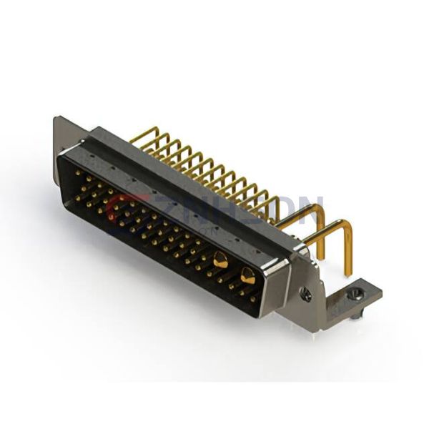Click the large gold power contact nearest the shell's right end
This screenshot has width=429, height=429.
point(248,274)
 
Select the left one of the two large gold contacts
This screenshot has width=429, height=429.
point(220,260)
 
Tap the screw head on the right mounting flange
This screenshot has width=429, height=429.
point(305,292)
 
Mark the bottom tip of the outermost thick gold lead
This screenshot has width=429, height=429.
point(349,274)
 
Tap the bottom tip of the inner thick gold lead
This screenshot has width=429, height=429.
point(322,255)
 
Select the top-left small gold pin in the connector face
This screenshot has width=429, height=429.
point(77,172)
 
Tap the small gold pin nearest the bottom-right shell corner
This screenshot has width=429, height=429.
point(252,298)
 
